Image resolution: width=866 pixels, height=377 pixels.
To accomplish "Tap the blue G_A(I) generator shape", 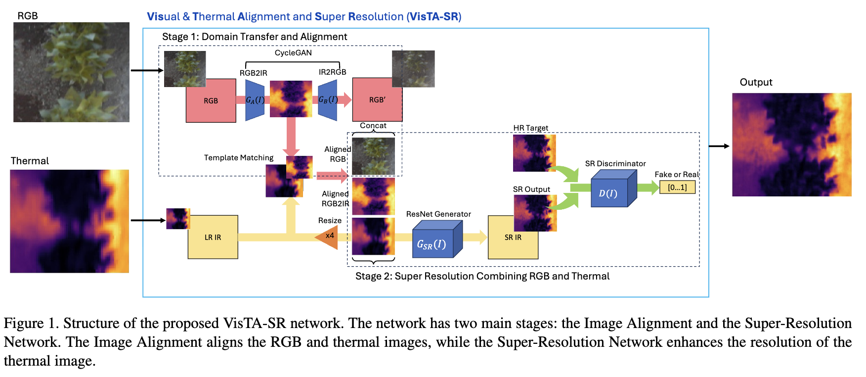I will [x=255, y=100].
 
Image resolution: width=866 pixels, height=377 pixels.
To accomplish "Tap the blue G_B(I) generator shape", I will [x=328, y=100].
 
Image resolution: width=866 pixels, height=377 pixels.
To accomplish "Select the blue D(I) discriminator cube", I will [x=611, y=191].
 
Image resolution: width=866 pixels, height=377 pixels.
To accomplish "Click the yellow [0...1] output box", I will [x=677, y=187].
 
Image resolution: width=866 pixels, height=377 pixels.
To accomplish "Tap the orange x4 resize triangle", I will [x=328, y=236].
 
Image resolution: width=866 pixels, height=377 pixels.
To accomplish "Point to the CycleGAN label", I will [x=293, y=52].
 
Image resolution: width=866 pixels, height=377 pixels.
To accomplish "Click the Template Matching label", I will [x=239, y=157].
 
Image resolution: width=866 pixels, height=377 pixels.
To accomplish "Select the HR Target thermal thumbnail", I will [x=534, y=153].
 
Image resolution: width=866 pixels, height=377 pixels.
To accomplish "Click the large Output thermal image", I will [x=791, y=144].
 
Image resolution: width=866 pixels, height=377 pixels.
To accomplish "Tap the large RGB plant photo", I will [x=71, y=72].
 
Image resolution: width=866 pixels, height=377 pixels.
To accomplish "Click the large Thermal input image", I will [x=69, y=221].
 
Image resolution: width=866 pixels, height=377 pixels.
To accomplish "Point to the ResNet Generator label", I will [x=438, y=214].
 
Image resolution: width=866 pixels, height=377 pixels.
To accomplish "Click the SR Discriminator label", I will [x=615, y=163].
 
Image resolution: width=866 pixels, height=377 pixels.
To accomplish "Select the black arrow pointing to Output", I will [x=719, y=146].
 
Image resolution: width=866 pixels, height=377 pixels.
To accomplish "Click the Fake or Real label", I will [x=676, y=174].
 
